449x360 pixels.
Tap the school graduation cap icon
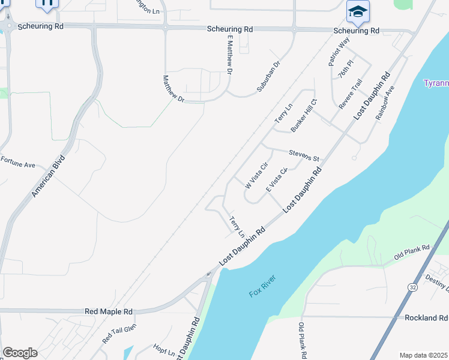click(x=358, y=11)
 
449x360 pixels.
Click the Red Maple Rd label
click(x=109, y=311)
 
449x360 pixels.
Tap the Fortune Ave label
click(x=18, y=161)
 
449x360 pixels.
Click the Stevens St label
click(x=304, y=155)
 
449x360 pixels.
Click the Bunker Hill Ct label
click(x=304, y=116)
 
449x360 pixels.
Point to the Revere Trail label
click(x=351, y=94)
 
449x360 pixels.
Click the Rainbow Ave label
click(x=385, y=102)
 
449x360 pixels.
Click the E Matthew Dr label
click(x=229, y=54)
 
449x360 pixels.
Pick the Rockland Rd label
click(x=426, y=317)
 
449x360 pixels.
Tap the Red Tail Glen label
click(x=119, y=333)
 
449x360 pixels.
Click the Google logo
click(x=20, y=353)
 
